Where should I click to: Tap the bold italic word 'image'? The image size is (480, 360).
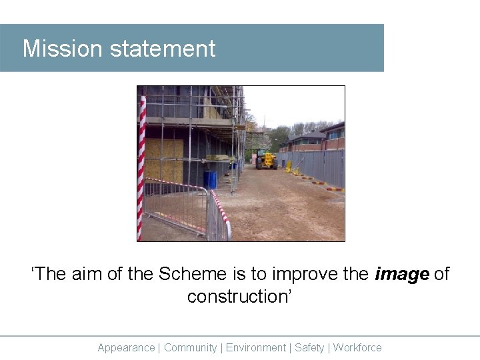[402, 274]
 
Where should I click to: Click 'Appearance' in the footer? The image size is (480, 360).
[126, 347]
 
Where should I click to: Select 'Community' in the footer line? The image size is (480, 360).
[190, 347]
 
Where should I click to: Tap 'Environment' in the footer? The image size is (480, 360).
[256, 347]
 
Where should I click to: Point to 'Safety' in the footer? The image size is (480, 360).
[309, 347]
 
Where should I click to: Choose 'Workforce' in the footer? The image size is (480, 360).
[357, 347]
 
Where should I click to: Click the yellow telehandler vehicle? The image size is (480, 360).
[267, 161]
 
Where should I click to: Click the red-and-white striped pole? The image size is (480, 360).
[141, 167]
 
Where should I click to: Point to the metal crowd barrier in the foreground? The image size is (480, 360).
[177, 208]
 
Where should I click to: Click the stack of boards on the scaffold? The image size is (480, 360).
[220, 158]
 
